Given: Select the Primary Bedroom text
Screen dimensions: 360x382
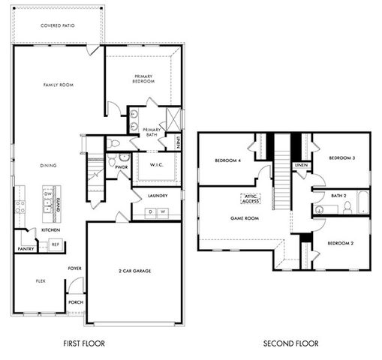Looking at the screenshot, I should click(143, 79).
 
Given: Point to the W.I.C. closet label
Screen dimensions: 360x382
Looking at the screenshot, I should click(156, 165).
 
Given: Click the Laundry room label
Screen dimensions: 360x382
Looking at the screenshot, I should click(157, 196).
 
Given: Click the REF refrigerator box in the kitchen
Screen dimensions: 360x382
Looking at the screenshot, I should click(55, 244).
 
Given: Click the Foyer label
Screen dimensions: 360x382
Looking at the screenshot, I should click(75, 268).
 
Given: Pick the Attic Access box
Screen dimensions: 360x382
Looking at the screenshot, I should click(249, 199).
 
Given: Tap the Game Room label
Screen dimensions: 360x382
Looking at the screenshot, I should click(244, 218).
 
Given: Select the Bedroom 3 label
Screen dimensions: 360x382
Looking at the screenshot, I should click(341, 158).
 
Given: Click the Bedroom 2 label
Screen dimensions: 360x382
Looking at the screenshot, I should click(340, 244).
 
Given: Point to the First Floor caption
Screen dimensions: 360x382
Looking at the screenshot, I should click(83, 343).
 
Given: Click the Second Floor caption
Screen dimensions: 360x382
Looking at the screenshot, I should click(290, 343).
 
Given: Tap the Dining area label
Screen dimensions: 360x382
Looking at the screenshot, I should click(49, 166).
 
